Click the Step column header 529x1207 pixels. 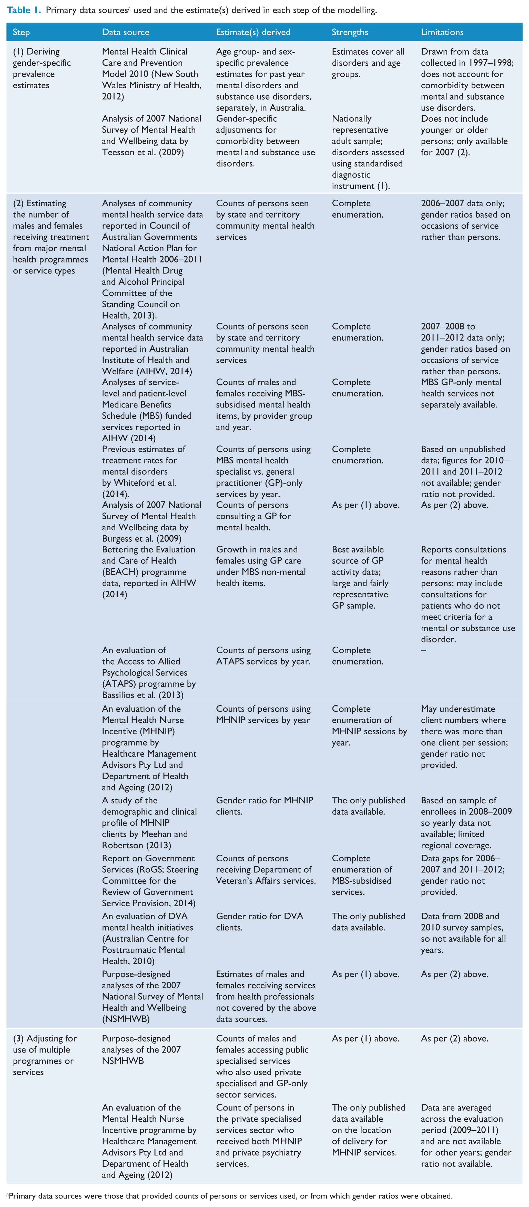21,32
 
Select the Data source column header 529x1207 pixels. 126,32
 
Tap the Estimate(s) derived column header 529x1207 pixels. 253,32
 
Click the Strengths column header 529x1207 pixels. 350,32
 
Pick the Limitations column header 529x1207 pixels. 442,32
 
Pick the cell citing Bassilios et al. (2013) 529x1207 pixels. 149,672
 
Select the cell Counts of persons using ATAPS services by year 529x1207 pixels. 263,656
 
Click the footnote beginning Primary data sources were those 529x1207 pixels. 229,1195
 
